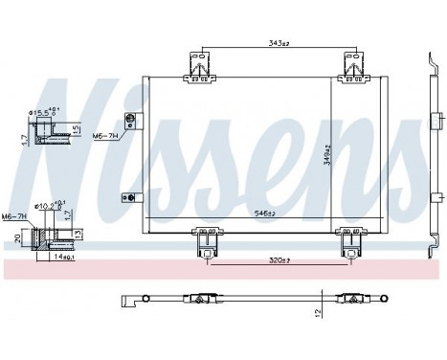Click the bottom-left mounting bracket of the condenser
204,241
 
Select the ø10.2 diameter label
49,203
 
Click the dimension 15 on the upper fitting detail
76,129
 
